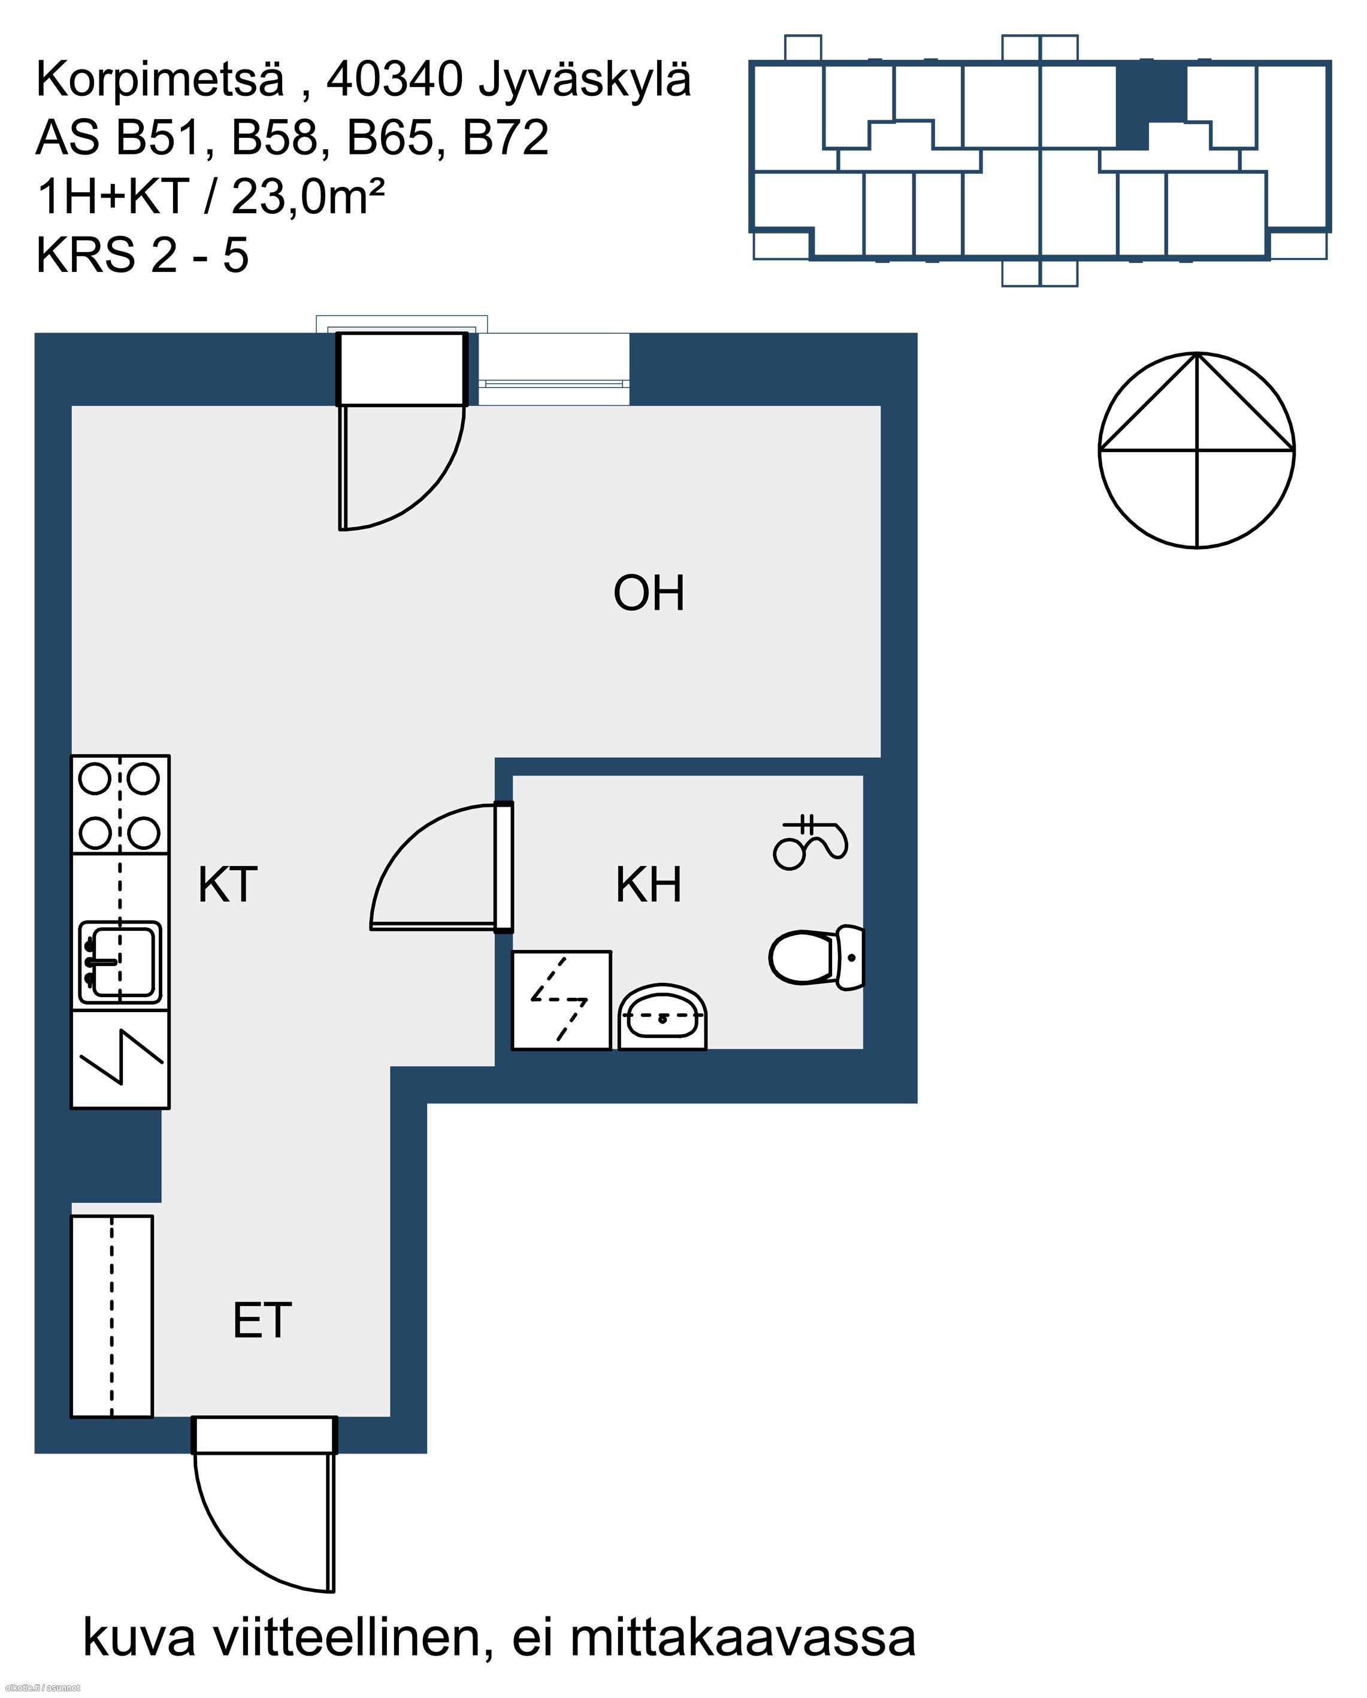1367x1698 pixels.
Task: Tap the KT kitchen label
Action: (227, 885)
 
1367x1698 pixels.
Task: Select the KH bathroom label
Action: (648, 885)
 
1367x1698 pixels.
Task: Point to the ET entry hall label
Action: (262, 1321)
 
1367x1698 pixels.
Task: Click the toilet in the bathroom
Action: (817, 958)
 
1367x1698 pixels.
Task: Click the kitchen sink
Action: (120, 962)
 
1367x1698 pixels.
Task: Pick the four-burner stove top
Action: (120, 805)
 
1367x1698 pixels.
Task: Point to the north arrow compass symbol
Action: (1196, 450)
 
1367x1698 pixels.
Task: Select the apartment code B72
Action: (505, 138)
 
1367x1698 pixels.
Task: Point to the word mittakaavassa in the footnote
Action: (742, 1638)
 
